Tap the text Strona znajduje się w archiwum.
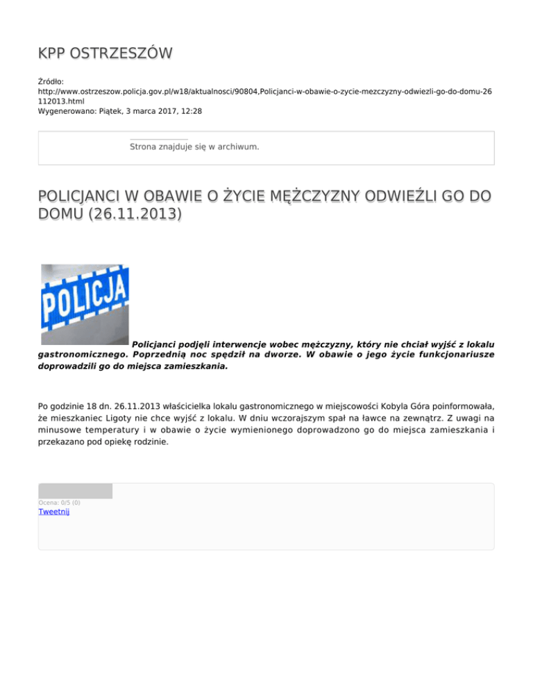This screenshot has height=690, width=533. pos(194,147)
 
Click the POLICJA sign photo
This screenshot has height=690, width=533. pos(85,304)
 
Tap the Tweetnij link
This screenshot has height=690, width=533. pos(54,512)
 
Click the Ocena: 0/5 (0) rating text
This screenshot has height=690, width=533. pos(59,503)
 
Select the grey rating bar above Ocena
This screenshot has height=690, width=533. pos(75,491)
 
